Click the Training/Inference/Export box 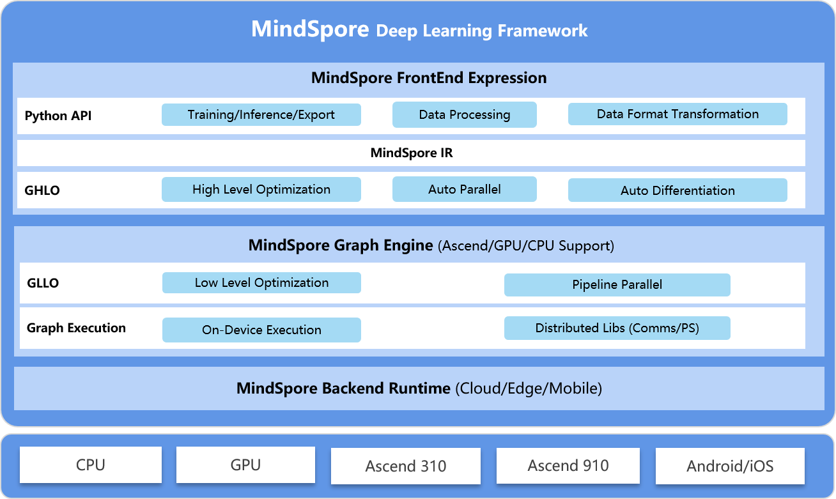click(x=261, y=115)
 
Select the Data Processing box click(x=464, y=115)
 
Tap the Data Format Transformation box click(x=677, y=114)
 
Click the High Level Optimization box click(x=261, y=190)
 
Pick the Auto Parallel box click(x=464, y=190)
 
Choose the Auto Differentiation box click(x=677, y=190)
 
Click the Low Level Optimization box click(x=261, y=283)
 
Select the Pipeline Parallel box click(x=617, y=285)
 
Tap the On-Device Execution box click(x=261, y=330)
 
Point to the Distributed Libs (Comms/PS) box click(x=617, y=328)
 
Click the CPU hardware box click(x=91, y=465)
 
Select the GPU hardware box click(x=245, y=465)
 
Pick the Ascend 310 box click(x=405, y=466)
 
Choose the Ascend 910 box click(x=568, y=466)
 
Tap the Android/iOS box click(x=730, y=466)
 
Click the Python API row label click(x=58, y=116)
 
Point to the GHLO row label click(x=42, y=190)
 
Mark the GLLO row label click(x=43, y=283)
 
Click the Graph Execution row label click(x=76, y=328)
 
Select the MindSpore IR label click(x=412, y=153)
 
